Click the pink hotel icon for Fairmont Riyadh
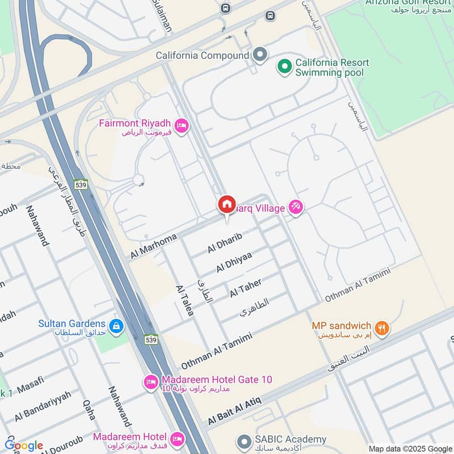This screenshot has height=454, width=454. [182, 125]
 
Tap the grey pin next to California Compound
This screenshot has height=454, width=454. [260, 55]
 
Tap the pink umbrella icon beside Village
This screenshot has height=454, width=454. [295, 208]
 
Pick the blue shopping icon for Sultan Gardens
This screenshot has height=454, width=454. [116, 326]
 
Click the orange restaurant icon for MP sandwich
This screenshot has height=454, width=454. [382, 329]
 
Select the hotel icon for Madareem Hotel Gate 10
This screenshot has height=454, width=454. [150, 382]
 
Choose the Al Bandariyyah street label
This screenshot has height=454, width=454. [43, 406]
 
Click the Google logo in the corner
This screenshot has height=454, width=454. [24, 445]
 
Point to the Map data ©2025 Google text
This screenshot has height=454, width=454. [410, 448]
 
